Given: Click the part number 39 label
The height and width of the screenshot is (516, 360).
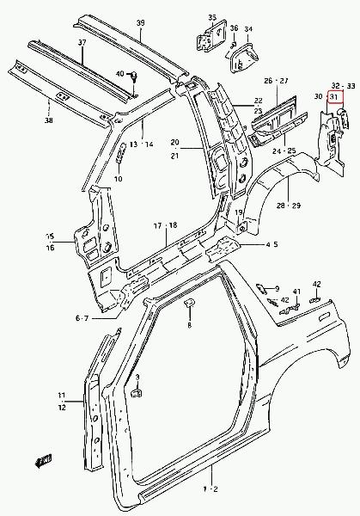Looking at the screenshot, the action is [x=140, y=23].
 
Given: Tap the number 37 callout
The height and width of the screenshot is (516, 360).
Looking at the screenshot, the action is [x=82, y=42].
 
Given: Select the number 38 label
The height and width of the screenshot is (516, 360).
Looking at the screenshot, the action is [x=49, y=120].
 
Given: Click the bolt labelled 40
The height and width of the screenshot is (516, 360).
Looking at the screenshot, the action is [x=134, y=76].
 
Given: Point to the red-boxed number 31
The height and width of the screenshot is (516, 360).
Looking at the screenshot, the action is [x=333, y=96].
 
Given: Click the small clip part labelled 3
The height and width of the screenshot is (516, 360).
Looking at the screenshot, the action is [x=137, y=393].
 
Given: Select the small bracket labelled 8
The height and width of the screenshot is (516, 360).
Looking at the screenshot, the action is [x=189, y=303].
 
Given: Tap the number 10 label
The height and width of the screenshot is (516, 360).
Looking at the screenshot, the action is [x=119, y=179].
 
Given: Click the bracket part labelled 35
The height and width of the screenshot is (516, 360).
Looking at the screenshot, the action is [x=211, y=36].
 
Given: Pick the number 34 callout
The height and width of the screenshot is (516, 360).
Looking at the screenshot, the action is [x=248, y=29].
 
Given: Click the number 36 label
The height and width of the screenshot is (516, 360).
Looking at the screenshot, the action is [x=234, y=28].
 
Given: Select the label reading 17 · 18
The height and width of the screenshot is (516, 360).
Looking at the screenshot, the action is [x=165, y=225].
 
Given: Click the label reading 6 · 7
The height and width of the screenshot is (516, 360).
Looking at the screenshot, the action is [x=82, y=318].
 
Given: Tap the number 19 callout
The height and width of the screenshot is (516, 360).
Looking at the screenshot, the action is [x=239, y=212].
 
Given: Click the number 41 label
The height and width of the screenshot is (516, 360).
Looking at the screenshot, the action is [x=297, y=292].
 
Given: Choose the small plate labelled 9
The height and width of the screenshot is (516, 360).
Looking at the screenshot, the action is [x=260, y=288].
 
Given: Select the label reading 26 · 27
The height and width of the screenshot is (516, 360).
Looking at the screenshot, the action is [x=276, y=81].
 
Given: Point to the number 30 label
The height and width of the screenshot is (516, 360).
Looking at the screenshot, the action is [x=318, y=96].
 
